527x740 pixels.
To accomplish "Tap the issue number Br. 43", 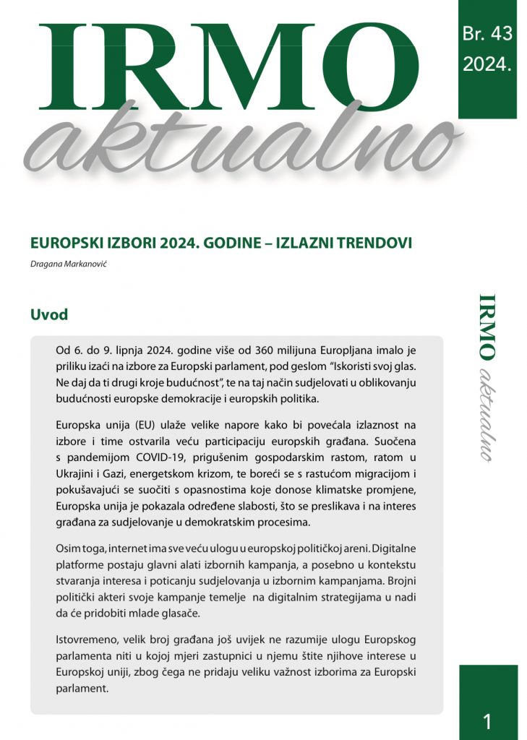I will [487, 34].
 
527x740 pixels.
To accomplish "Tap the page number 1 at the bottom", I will [487, 720].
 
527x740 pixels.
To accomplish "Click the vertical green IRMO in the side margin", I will [487, 327].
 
